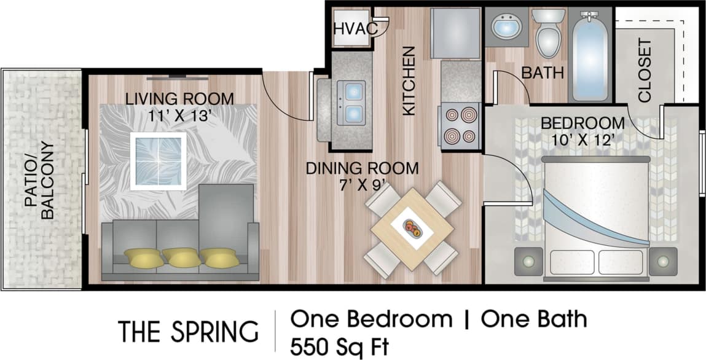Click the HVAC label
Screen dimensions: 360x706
(x=351, y=29)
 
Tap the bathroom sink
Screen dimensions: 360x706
(x=506, y=27)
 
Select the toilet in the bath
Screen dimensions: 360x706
(x=548, y=34)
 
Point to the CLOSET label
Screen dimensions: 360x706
(x=645, y=71)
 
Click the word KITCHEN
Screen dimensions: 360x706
(x=409, y=81)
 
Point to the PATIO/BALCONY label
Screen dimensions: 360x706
(x=40, y=181)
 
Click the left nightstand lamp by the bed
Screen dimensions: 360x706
(x=528, y=262)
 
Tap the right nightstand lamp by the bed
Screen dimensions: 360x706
(x=662, y=261)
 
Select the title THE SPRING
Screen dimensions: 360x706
(x=188, y=331)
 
